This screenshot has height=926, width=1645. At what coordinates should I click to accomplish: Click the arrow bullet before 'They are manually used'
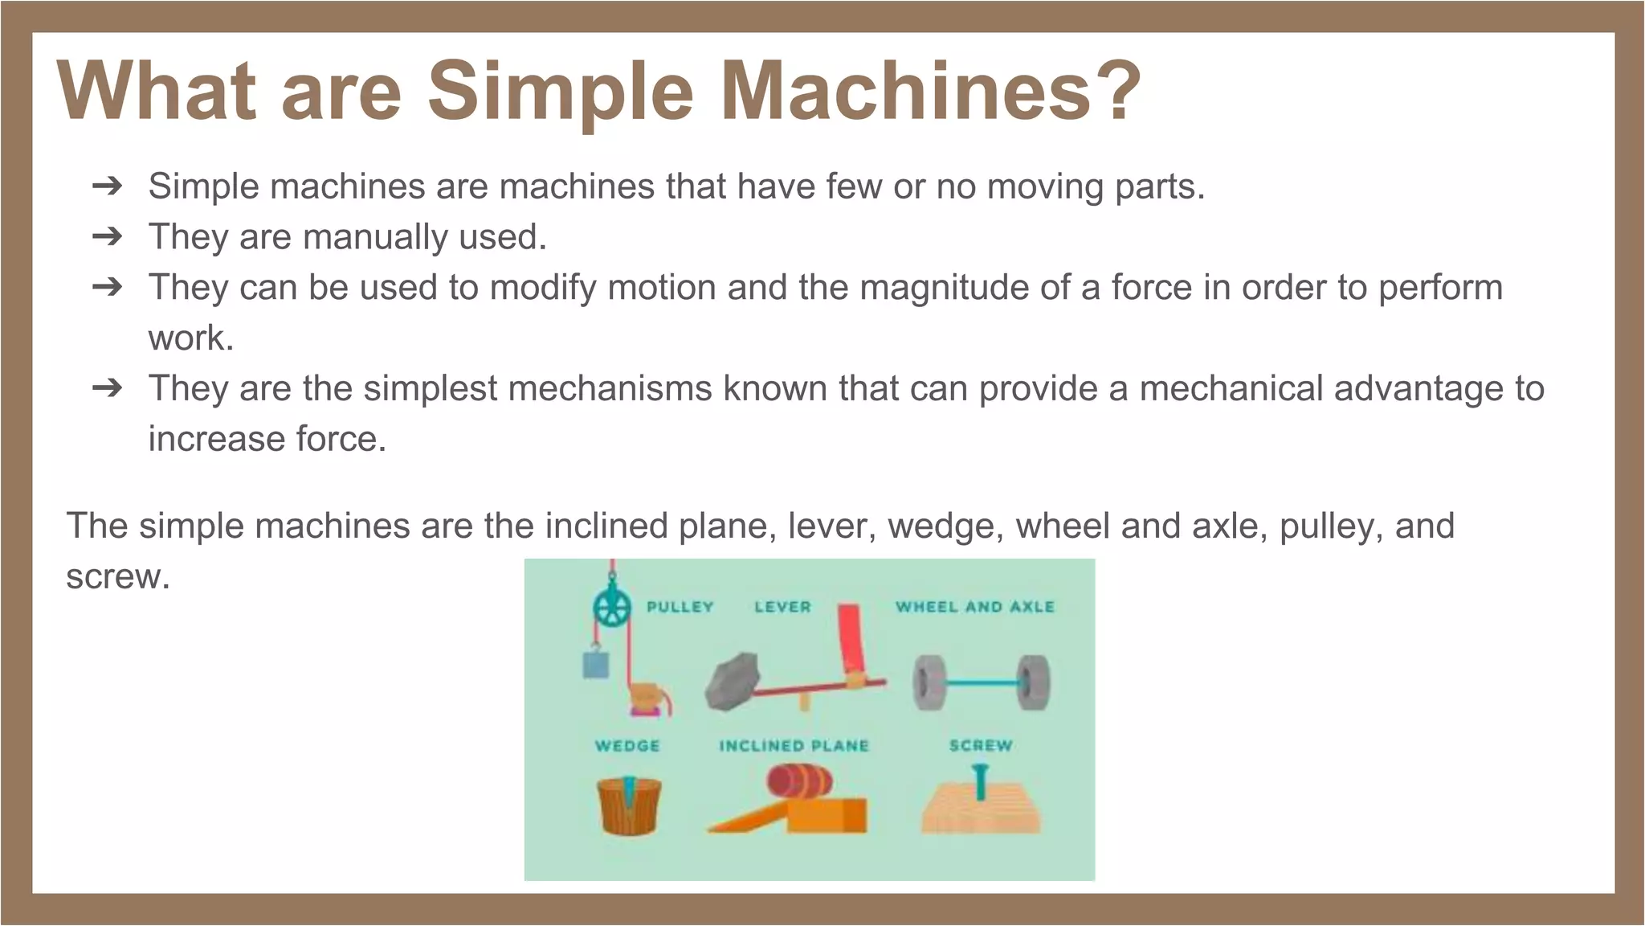click(x=107, y=236)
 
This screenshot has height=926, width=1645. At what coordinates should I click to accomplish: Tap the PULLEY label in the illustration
click(x=680, y=607)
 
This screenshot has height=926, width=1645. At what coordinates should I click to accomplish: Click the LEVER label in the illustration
click(x=782, y=607)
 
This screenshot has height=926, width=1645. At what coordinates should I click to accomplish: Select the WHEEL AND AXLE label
click(x=974, y=607)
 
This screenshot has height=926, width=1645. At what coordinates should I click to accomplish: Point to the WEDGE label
click(x=627, y=746)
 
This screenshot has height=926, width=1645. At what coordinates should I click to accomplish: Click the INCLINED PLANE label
click(x=794, y=746)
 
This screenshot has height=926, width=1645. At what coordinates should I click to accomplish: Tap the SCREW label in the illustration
click(x=980, y=746)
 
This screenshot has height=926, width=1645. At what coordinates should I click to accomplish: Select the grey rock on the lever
click(x=732, y=682)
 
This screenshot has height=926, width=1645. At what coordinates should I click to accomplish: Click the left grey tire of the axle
click(x=928, y=682)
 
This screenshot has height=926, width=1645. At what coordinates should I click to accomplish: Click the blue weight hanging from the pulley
click(x=595, y=664)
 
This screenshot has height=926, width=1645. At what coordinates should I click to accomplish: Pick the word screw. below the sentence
click(x=118, y=576)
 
